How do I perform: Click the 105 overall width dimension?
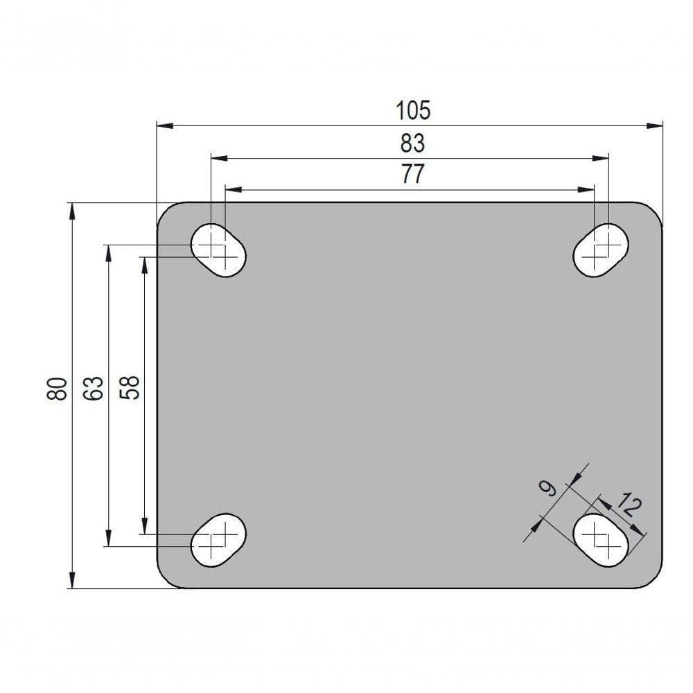(413, 110)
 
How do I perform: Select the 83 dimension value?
(412, 143)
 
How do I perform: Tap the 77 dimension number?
(412, 175)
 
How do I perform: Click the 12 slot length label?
(628, 506)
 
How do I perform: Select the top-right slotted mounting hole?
(601, 250)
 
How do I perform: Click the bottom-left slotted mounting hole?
(219, 540)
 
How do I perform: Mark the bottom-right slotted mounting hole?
(601, 540)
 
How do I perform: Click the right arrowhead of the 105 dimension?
(656, 125)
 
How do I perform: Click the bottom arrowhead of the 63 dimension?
(108, 538)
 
